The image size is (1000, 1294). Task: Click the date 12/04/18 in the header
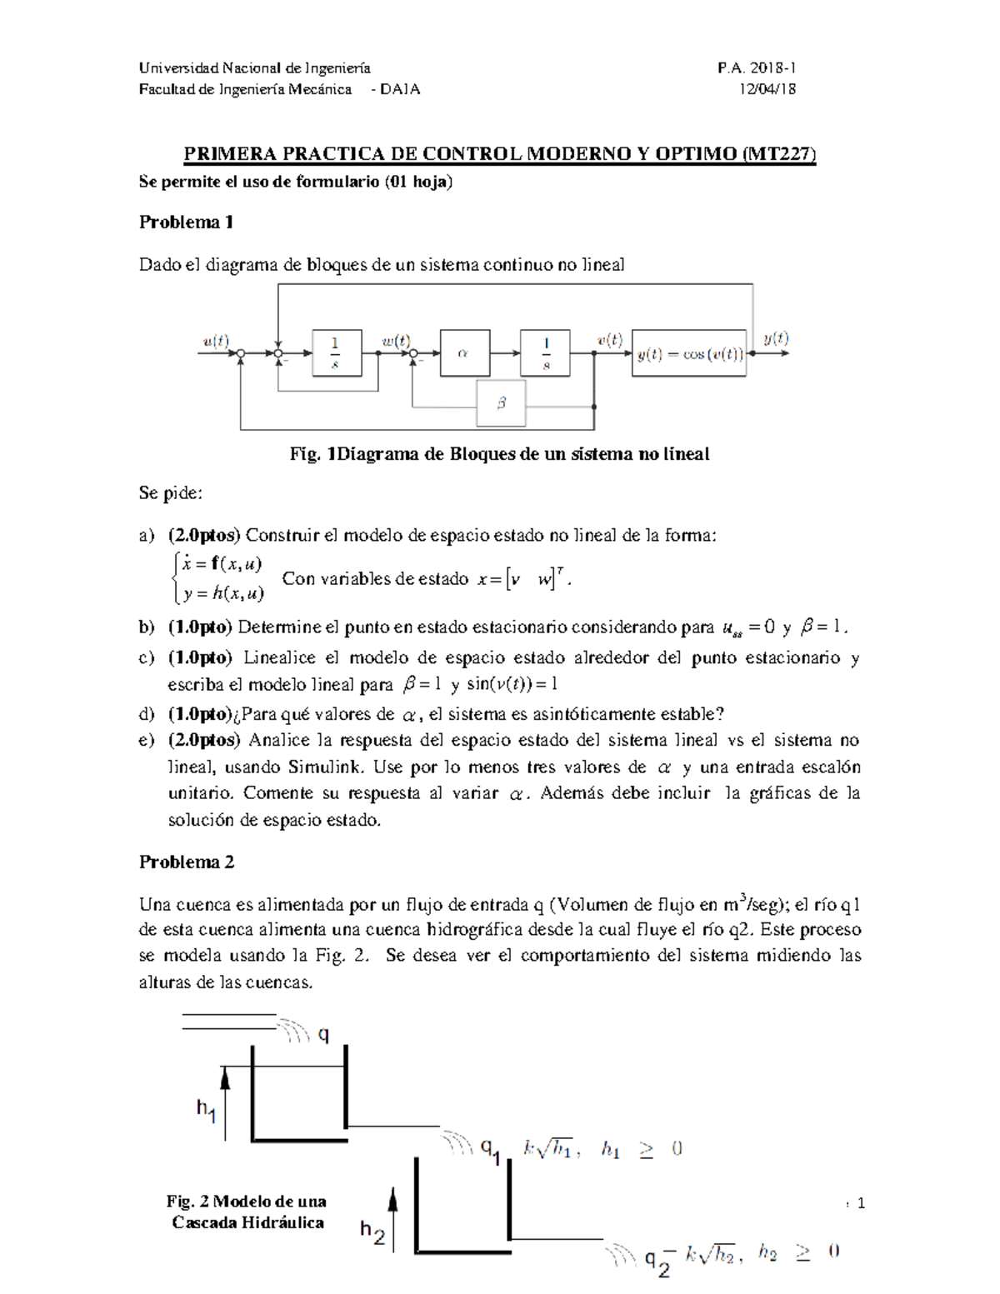[x=767, y=89]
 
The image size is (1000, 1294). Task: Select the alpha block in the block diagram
[x=464, y=353]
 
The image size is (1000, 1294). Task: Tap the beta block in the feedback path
[x=501, y=403]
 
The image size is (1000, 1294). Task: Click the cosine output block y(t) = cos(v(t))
[x=688, y=353]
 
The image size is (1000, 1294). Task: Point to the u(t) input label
[x=216, y=341]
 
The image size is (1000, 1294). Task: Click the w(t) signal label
[x=396, y=341]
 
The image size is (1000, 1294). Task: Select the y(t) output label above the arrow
[x=776, y=338]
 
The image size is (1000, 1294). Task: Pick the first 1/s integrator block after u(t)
[x=337, y=353]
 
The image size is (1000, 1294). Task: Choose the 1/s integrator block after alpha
[x=545, y=353]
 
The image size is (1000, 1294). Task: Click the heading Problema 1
[x=186, y=222]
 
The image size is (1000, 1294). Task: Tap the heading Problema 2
[x=187, y=862]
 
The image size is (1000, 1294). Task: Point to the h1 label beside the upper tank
[x=206, y=1109]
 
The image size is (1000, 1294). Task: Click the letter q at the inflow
[x=323, y=1034]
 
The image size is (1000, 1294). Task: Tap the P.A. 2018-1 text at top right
[x=757, y=67]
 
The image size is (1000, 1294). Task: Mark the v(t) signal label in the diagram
[x=609, y=340]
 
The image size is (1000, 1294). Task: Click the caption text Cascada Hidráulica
[x=247, y=1222]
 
